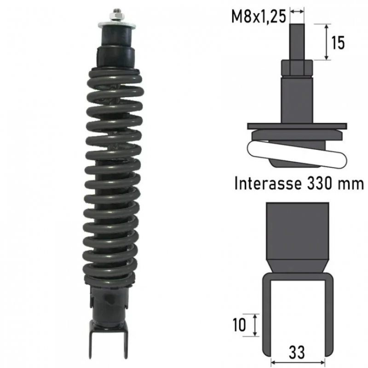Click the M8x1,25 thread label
point(259,17)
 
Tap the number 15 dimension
point(338,43)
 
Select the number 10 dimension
point(239,325)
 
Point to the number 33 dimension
point(297,352)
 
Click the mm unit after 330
point(351,184)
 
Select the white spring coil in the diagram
point(297,154)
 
